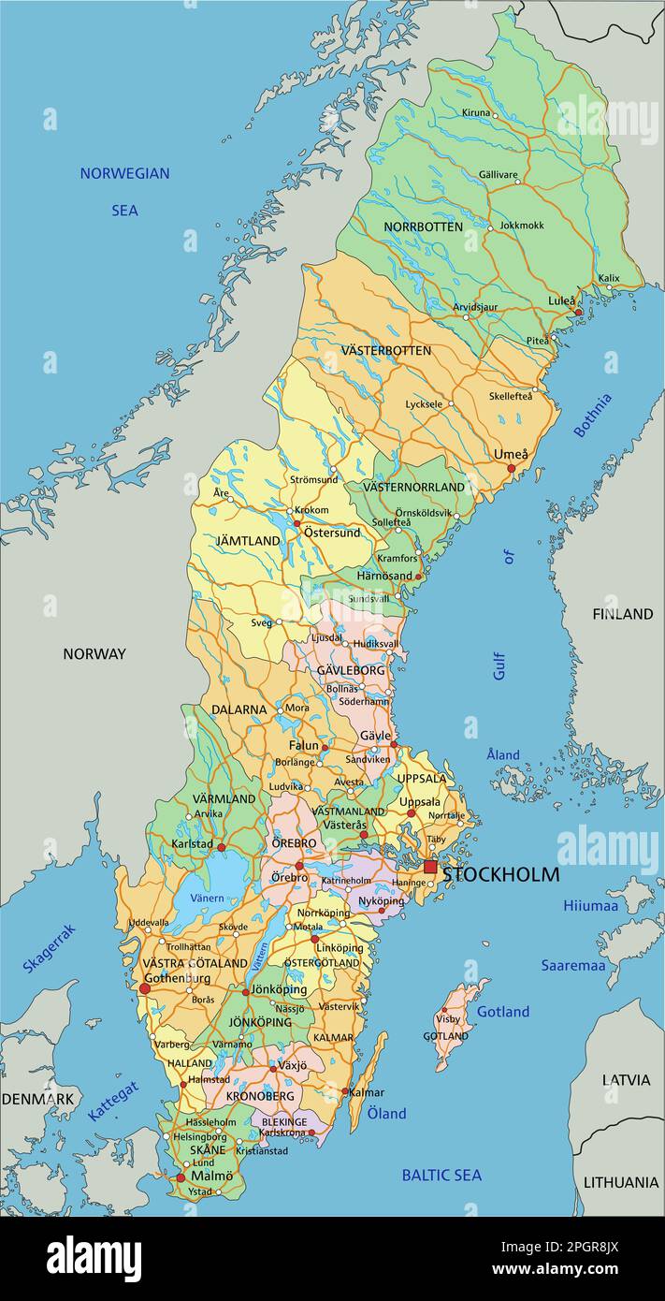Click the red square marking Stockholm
(430, 868)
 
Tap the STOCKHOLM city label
(501, 875)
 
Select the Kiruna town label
(476, 112)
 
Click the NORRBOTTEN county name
(423, 227)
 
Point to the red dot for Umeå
(512, 468)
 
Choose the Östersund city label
(332, 534)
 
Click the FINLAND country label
(622, 614)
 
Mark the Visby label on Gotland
(449, 1018)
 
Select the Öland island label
(386, 1113)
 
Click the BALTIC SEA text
(441, 1175)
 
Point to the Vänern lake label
(207, 898)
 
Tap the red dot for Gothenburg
(144, 988)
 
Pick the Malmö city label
(211, 1176)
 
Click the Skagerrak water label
(49, 947)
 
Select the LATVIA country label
(626, 1079)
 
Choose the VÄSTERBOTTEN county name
(386, 350)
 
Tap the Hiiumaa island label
(590, 905)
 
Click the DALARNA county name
(239, 709)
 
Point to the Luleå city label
(561, 300)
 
